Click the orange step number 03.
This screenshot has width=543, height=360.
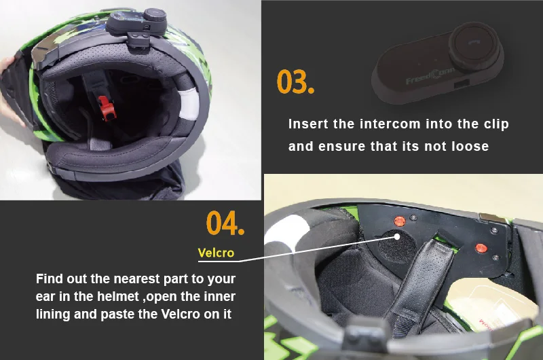(295, 82)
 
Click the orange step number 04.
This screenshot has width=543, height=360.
(225, 223)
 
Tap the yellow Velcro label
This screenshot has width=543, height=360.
(216, 253)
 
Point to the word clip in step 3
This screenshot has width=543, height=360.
(496, 124)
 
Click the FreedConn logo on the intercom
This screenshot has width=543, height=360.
(430, 75)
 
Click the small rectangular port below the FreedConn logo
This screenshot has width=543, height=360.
(462, 83)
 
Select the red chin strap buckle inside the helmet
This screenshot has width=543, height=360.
(107, 108)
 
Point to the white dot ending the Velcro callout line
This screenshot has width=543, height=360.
(397, 236)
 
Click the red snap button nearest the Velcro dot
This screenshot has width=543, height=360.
(399, 221)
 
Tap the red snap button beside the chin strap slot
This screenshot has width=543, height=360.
(481, 248)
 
